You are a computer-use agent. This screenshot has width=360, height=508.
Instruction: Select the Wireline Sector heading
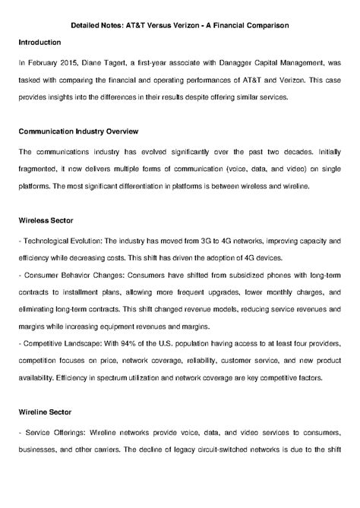[46, 412]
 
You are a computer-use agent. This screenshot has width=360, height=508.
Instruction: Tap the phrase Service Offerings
[54, 432]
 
